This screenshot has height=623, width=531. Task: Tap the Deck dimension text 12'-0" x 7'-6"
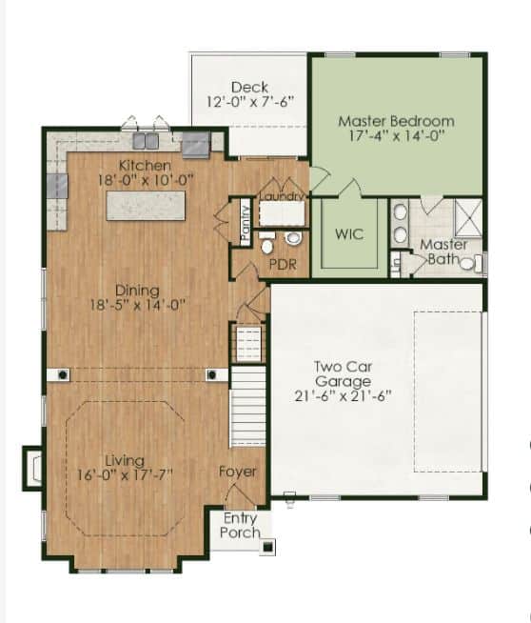250,102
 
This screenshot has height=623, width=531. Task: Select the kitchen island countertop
146,206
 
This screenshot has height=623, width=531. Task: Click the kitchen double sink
146,141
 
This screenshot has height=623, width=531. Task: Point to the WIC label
349,233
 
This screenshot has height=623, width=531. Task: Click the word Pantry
246,223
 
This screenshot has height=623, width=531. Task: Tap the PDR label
283,264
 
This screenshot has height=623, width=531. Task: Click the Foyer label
238,472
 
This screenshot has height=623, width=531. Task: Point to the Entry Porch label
241,525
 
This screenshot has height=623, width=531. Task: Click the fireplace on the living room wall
33,468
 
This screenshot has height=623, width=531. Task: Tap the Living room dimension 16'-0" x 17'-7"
125,475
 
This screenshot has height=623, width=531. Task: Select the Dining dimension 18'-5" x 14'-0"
138,305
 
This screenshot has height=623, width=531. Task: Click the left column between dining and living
62,374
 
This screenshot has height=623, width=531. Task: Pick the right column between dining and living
212,374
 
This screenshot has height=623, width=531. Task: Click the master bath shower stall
468,218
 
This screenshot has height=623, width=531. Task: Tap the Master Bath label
443,251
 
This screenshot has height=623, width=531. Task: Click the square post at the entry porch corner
268,547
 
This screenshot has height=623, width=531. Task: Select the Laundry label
282,196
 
